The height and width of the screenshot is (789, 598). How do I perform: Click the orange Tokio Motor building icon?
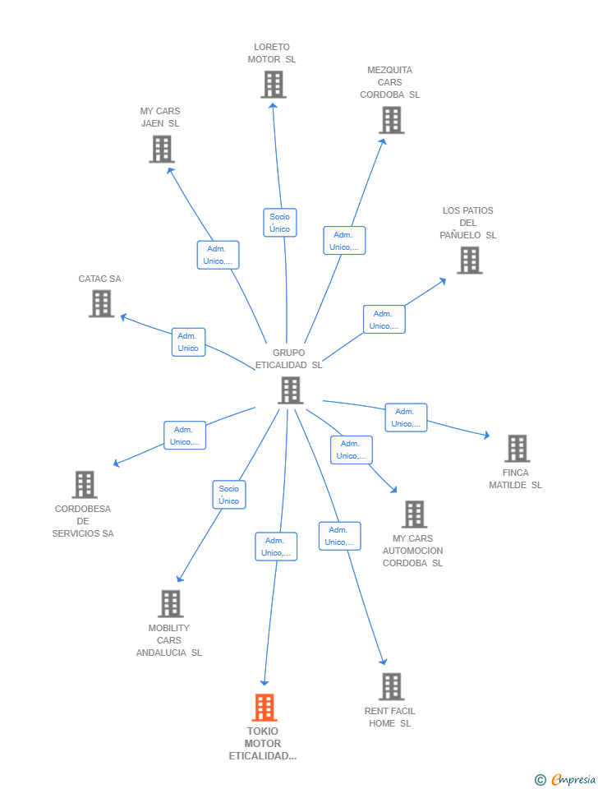pos(264,707)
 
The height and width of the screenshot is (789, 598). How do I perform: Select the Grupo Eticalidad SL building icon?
pos(291,390)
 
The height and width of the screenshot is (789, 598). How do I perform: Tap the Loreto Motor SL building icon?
pos(274,84)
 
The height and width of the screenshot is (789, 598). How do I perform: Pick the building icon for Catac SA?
pos(102,304)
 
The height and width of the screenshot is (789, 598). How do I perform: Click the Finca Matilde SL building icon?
pos(517,449)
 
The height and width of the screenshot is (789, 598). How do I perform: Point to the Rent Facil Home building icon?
pos(392,686)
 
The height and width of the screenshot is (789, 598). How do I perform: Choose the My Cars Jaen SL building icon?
pos(162,150)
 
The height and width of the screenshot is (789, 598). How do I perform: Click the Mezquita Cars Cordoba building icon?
pos(392,120)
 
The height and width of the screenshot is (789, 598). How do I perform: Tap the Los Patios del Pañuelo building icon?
pos(470,261)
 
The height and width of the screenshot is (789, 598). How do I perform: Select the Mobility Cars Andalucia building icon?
pos(171,604)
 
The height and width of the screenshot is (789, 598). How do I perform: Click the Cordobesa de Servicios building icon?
pos(85,485)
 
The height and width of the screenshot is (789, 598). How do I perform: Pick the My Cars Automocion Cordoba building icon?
pos(415,514)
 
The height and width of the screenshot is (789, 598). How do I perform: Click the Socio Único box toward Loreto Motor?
pos(280,223)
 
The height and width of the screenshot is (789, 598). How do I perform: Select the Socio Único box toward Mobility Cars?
pos(229,495)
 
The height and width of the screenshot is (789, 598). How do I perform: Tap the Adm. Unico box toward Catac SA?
pos(189,342)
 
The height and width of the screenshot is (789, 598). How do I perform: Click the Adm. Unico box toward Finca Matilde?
pos(406,418)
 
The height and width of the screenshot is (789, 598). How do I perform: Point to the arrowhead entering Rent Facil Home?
pos(384,661)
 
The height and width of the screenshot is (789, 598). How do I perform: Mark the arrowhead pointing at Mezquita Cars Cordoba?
pos(384,142)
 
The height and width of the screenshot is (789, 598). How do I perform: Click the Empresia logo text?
pos(573,779)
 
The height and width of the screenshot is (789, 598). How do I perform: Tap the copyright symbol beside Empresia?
pos(540,780)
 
